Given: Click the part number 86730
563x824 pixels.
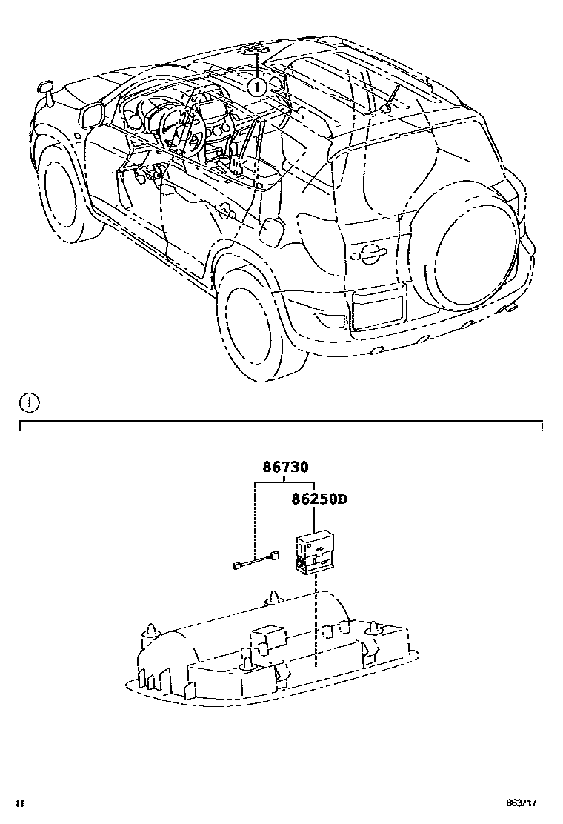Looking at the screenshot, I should click(285, 468).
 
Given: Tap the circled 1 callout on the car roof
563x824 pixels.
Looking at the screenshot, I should click(256, 87).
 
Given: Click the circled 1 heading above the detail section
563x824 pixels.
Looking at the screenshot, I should click(28, 403).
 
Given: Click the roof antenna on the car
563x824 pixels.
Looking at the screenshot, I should click(390, 96).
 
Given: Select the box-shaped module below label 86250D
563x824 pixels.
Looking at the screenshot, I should click(314, 552).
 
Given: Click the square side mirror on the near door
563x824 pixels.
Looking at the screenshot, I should click(92, 115).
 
